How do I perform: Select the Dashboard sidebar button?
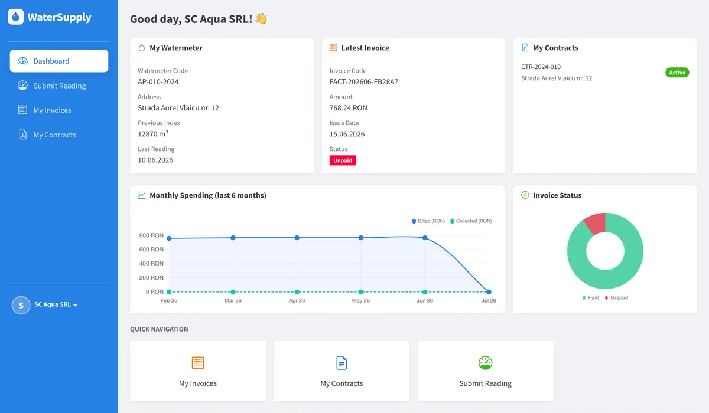tap(59, 61)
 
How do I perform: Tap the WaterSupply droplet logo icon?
tap(15, 17)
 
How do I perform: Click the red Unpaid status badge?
tap(343, 160)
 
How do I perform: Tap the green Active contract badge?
tap(677, 73)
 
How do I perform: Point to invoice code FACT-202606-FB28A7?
tap(364, 82)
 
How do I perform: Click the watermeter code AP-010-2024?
tap(158, 82)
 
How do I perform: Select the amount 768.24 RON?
tap(348, 108)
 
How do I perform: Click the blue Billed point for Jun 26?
tap(425, 238)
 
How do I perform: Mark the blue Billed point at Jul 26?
tap(489, 291)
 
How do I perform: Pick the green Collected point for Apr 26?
tap(297, 291)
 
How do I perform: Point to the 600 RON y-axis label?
tap(151, 250)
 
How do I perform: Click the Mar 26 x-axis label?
tap(233, 300)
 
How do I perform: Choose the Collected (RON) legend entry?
tap(471, 221)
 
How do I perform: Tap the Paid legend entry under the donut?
tap(591, 298)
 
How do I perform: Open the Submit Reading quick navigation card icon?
tap(485, 363)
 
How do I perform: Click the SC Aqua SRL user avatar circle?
tap(21, 305)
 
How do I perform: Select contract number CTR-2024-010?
tap(541, 67)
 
